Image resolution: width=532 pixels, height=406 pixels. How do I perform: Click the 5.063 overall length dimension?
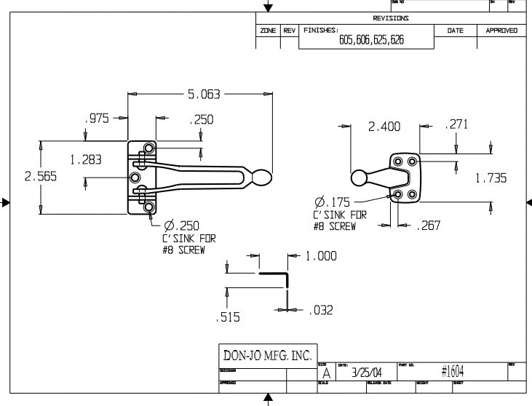point(204,95)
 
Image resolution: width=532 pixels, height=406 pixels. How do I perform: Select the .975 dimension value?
point(97,119)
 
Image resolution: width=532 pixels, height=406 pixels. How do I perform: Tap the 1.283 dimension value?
point(86,159)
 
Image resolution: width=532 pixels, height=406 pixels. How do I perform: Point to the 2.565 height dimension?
point(20,177)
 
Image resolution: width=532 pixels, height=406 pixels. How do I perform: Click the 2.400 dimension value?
point(384,127)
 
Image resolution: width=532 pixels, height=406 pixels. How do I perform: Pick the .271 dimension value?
point(456,125)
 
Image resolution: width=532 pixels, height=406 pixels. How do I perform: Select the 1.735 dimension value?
point(491,178)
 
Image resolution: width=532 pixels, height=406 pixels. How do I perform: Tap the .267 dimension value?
point(429,226)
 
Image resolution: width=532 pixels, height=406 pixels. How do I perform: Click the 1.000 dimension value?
point(321,256)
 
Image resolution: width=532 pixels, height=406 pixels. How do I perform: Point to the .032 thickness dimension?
point(320,310)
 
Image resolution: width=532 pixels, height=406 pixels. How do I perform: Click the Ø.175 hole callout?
point(332,202)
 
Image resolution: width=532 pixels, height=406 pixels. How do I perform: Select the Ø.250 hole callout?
point(182,226)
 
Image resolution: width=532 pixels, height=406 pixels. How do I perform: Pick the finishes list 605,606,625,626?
point(371,41)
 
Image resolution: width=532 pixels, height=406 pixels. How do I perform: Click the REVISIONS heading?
point(390,18)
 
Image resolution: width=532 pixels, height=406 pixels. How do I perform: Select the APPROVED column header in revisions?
point(501,31)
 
